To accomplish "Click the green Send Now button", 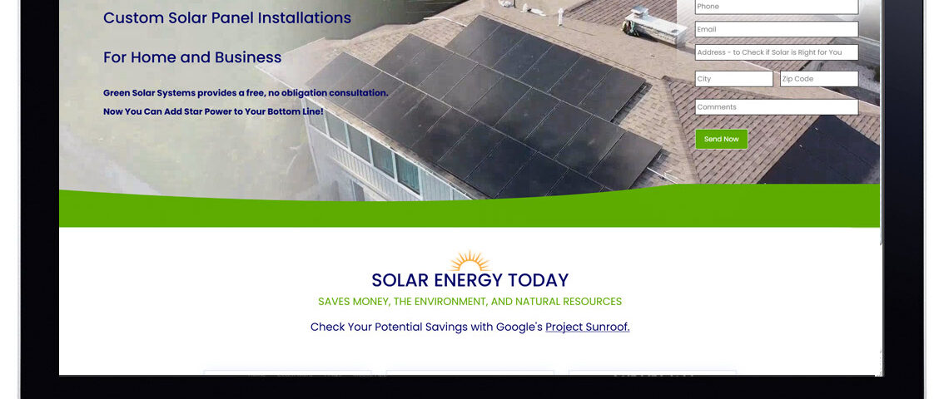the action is [x=722, y=139].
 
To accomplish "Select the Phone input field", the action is [x=777, y=7].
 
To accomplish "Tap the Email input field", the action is [x=777, y=29].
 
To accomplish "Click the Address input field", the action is [x=777, y=52].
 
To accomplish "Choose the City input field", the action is [x=734, y=79].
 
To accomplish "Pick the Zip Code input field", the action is [x=819, y=79].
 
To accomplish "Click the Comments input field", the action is [x=777, y=107].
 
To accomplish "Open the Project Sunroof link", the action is [x=588, y=327].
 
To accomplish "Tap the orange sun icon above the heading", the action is [x=470, y=261].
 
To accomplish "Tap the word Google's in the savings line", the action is [x=519, y=327].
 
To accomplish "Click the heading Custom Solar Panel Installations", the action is [x=227, y=18].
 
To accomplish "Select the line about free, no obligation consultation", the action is [x=246, y=93].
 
